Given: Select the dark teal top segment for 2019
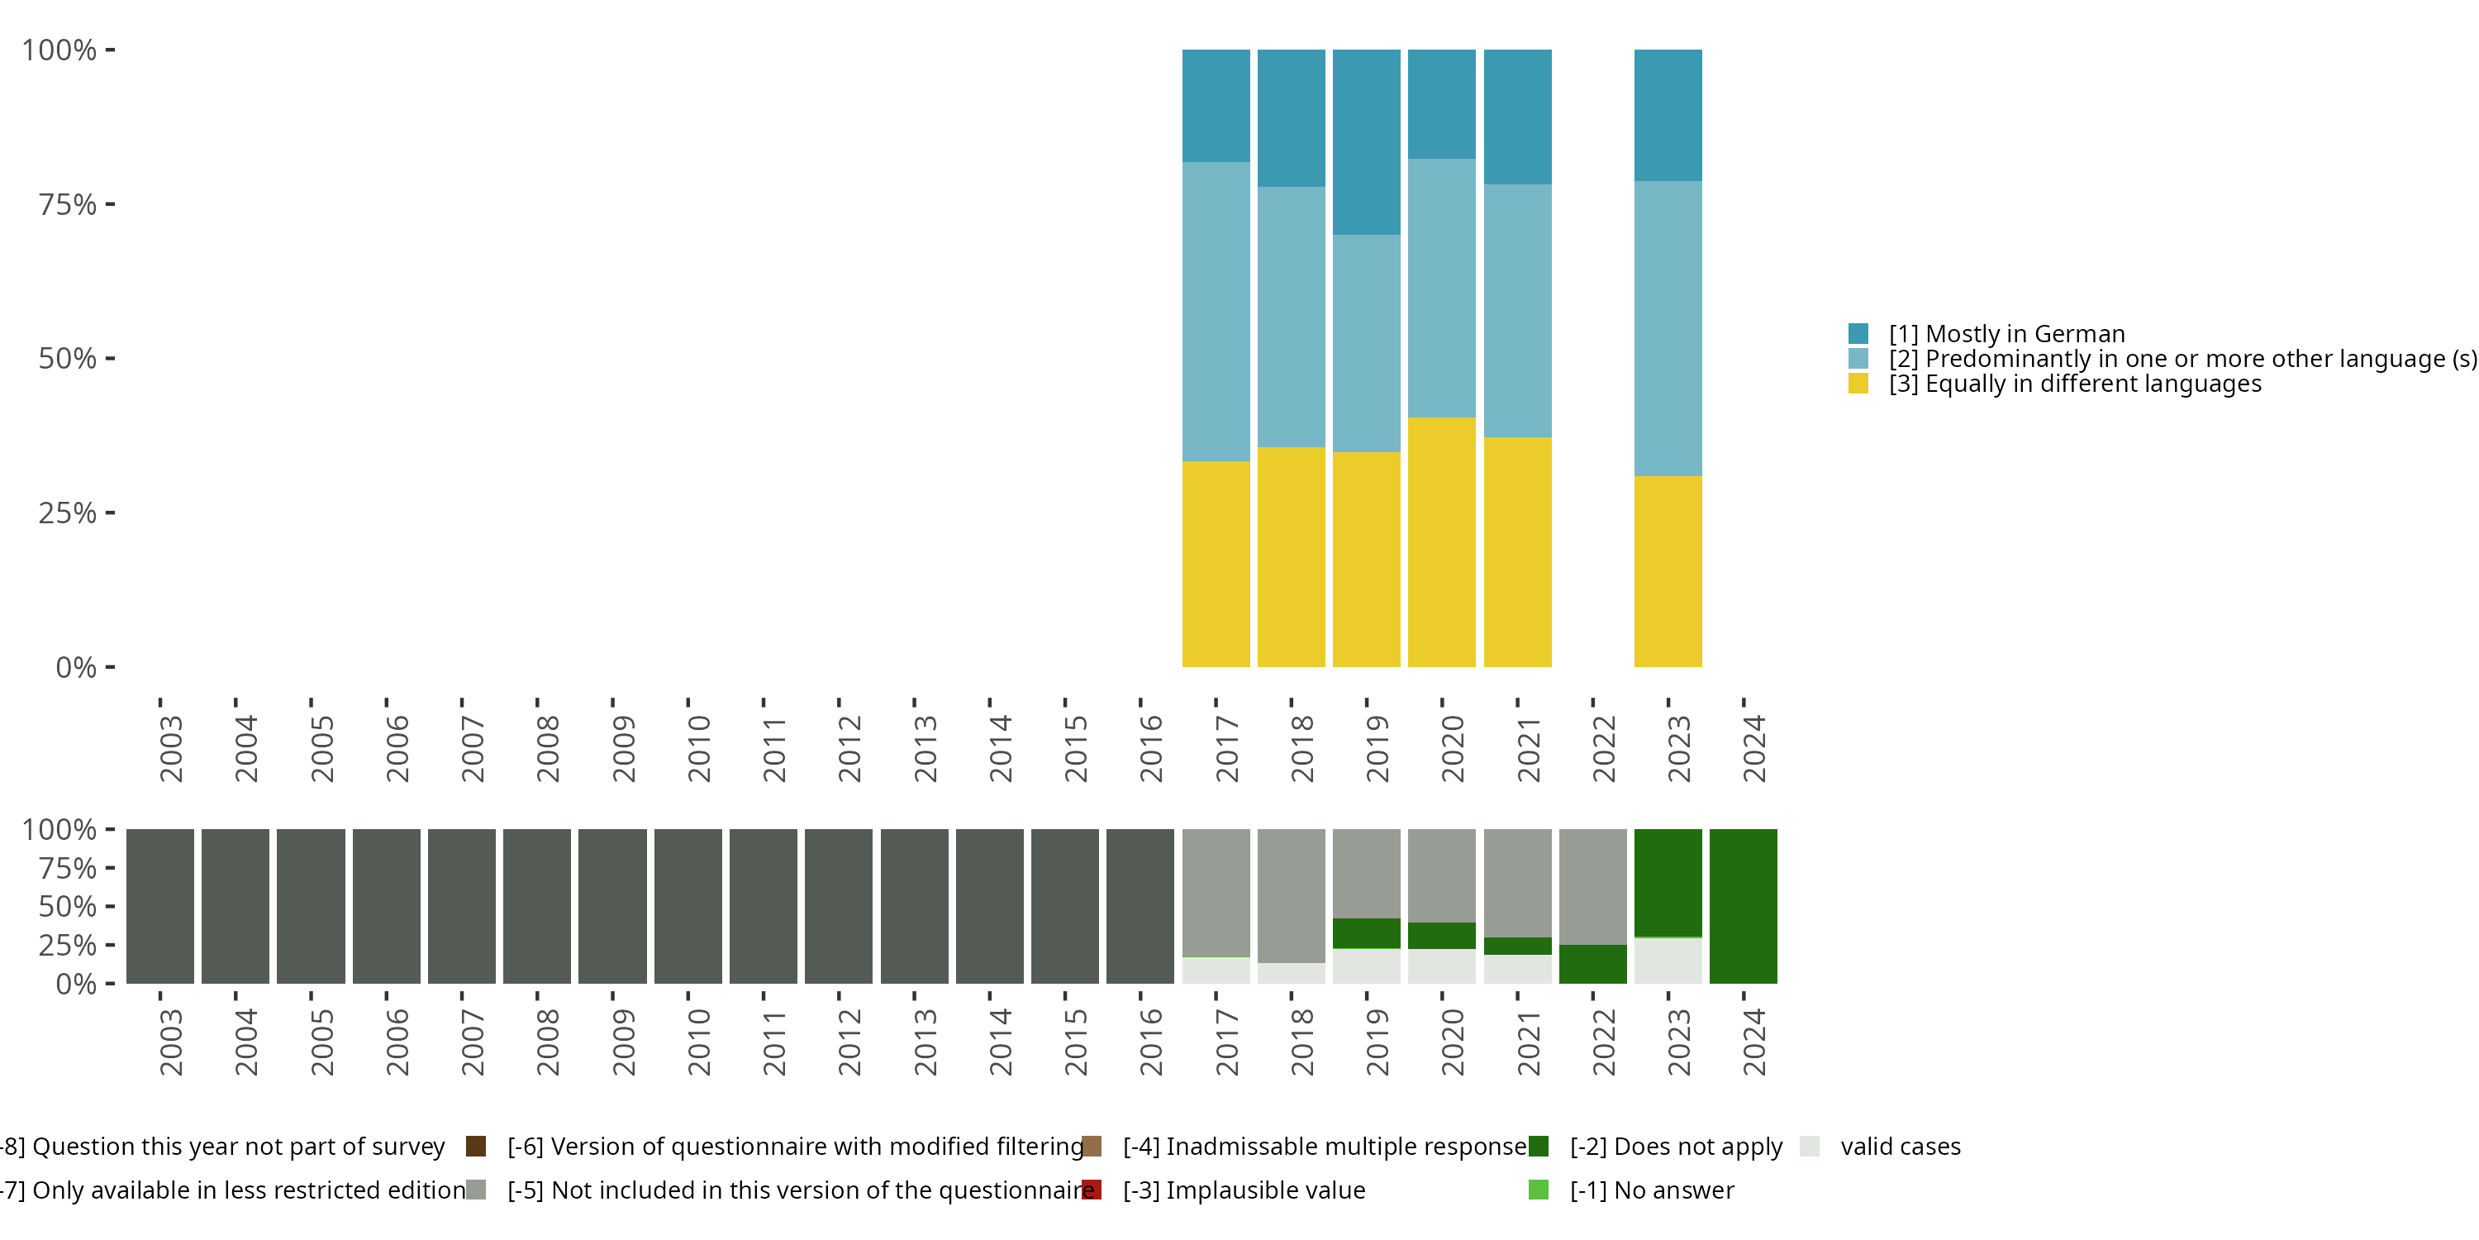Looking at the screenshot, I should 1366,141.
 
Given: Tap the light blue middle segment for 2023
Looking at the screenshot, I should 1668,328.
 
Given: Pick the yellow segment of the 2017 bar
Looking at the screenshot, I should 1216,563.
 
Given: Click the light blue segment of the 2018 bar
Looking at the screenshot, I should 1291,317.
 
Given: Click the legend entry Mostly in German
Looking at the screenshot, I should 2006,334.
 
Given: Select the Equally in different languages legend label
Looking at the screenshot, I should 2074,384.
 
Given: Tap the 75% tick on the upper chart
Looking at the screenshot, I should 68,204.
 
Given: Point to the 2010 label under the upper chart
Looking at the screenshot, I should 700,749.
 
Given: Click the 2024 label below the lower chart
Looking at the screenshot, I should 1754,1042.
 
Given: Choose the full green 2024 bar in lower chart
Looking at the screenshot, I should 1743,906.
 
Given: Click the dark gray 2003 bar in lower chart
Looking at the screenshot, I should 159,906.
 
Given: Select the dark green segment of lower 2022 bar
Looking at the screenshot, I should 1592,964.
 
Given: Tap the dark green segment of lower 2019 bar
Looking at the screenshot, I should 1366,932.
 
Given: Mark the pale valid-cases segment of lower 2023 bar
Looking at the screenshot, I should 1668,961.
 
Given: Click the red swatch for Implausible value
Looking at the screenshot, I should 1092,1190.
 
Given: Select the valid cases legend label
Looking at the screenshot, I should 1900,1147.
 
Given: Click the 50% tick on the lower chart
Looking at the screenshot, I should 68,906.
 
